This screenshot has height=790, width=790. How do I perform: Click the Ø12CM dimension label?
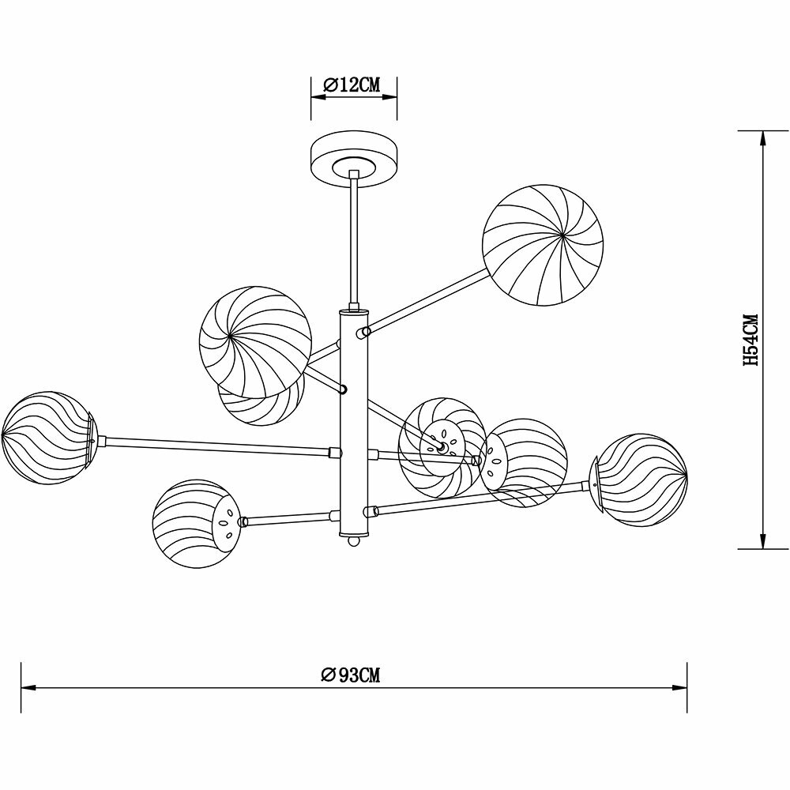click(352, 85)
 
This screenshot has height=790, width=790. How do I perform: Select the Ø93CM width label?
click(351, 674)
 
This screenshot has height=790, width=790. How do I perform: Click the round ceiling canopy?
click(354, 160)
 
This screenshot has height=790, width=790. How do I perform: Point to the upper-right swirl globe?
click(543, 245)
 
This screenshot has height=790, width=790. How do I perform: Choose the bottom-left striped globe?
click(195, 524)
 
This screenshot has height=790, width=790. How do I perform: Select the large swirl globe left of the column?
click(255, 342)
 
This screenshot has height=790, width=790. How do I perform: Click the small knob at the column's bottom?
click(354, 541)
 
